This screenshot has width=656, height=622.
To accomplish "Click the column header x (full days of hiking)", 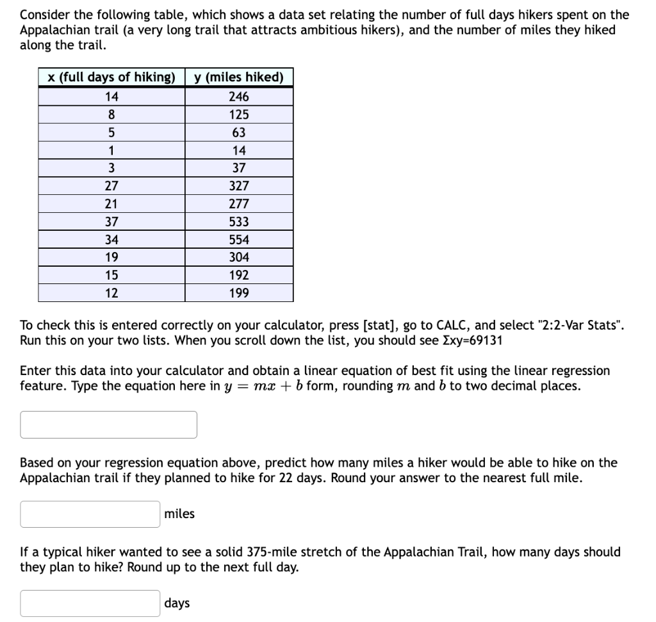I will pyautogui.click(x=111, y=78).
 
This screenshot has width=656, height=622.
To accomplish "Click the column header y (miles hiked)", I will pyautogui.click(x=239, y=78).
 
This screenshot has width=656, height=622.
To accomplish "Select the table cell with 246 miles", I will pyautogui.click(x=239, y=97).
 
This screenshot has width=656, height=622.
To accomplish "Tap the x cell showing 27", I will pyautogui.click(x=111, y=186).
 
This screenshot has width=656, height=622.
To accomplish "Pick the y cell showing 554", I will pyautogui.click(x=239, y=240).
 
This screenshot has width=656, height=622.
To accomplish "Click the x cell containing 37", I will pyautogui.click(x=111, y=222).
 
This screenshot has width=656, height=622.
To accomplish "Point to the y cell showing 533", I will pyautogui.click(x=239, y=222).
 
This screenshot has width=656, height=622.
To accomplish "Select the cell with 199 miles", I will pyautogui.click(x=239, y=294).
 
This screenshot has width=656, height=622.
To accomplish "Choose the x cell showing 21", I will pyautogui.click(x=111, y=204).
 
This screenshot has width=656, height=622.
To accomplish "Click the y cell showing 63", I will pyautogui.click(x=239, y=133).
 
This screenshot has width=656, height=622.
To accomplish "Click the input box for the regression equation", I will pyautogui.click(x=108, y=424).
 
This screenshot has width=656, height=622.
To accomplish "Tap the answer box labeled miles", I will pyautogui.click(x=90, y=514).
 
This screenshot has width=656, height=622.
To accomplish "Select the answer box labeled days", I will pyautogui.click(x=90, y=603).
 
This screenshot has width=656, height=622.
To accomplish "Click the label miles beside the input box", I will pyautogui.click(x=179, y=514).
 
